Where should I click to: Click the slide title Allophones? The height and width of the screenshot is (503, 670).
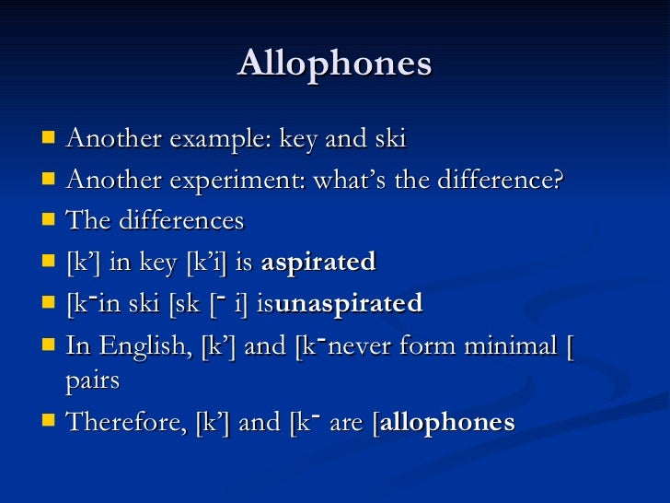pos(335,64)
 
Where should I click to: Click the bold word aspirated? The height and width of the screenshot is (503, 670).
pos(318,263)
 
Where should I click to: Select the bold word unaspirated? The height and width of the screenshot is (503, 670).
pos(349,303)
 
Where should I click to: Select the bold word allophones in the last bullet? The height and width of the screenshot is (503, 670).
pos(447,423)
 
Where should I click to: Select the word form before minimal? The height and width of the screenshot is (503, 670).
pos(433,346)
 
